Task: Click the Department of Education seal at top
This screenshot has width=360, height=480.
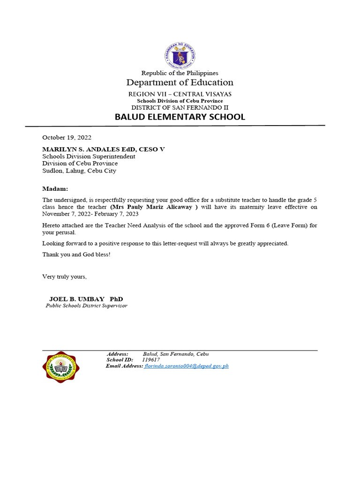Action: click(180, 55)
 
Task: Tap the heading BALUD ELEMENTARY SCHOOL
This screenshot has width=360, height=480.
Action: click(180, 117)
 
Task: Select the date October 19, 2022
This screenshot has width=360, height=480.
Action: click(67, 138)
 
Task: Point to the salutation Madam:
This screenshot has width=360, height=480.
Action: click(55, 188)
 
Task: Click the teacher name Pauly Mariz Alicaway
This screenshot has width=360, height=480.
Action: click(159, 207)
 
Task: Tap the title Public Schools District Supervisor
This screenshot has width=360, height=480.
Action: click(86, 306)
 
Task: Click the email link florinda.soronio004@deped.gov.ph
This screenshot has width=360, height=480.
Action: click(187, 366)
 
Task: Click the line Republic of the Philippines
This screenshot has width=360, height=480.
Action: click(180, 73)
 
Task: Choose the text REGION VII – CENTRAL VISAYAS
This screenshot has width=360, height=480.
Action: click(180, 94)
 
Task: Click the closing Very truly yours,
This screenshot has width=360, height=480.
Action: click(65, 277)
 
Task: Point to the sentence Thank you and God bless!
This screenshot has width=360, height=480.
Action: click(76, 255)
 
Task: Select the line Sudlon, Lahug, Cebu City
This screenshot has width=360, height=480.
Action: click(79, 171)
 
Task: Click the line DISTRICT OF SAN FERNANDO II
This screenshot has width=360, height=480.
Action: click(180, 107)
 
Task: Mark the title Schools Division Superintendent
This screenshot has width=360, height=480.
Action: click(89, 156)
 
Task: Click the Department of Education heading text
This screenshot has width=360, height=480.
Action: click(180, 83)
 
